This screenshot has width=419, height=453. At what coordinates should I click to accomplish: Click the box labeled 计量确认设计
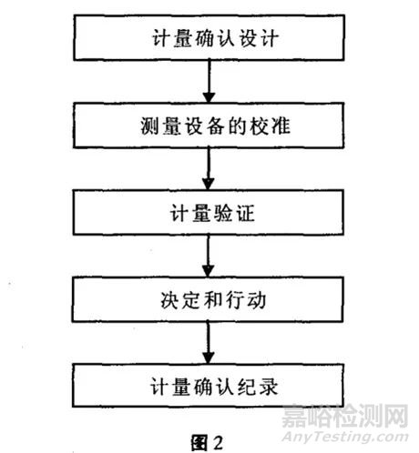tap(209, 40)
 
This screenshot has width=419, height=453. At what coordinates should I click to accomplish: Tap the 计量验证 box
tap(209, 214)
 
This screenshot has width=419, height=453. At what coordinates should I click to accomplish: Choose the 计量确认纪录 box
tap(209, 386)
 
